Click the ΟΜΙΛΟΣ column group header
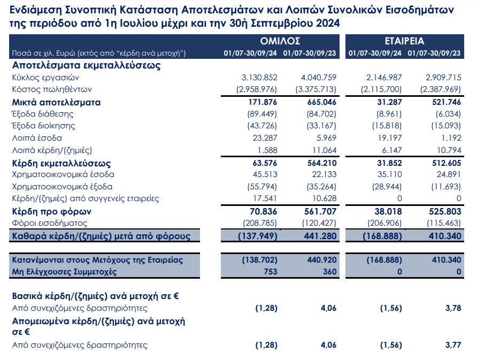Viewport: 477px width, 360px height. point(280,41)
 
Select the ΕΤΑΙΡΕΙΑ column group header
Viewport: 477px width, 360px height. point(404,41)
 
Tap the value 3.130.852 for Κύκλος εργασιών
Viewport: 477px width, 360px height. point(259,78)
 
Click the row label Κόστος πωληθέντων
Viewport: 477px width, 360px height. point(52,89)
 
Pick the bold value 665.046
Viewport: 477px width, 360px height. point(322,102)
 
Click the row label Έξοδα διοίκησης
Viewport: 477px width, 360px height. point(43,126)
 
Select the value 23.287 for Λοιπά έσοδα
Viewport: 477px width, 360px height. point(265,138)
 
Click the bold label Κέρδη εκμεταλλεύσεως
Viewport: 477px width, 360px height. point(61,163)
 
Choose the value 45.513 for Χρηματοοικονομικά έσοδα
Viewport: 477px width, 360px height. point(265,174)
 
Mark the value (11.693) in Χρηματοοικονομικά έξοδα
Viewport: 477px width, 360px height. point(446,187)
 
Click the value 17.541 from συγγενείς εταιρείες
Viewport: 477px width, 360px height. point(265,198)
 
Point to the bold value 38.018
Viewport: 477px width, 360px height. point(388,211)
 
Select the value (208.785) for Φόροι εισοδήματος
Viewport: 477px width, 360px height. point(260,224)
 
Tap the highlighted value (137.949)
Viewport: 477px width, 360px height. point(258,236)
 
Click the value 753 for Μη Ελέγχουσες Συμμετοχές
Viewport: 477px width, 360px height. point(271,272)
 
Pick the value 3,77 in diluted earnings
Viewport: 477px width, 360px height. point(453,345)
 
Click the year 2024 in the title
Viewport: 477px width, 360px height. point(328,24)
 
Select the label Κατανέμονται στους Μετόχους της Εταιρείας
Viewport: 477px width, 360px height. point(97,260)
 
